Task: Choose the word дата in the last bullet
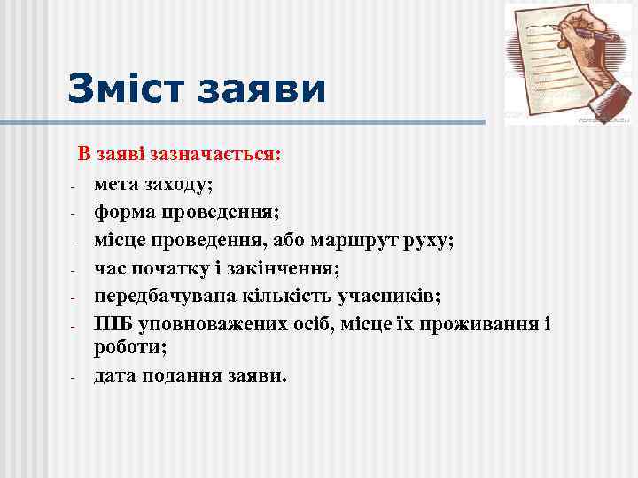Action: pos(115,375)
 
